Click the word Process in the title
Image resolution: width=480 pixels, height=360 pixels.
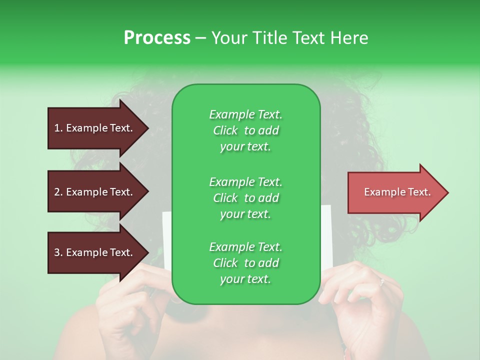coord(157,38)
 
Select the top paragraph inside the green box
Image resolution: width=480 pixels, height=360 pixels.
coord(245,130)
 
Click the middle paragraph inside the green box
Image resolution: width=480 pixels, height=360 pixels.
coord(245,198)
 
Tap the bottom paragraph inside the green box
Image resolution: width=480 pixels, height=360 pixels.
coord(245,263)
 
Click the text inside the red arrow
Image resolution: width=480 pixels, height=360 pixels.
coord(397,192)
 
